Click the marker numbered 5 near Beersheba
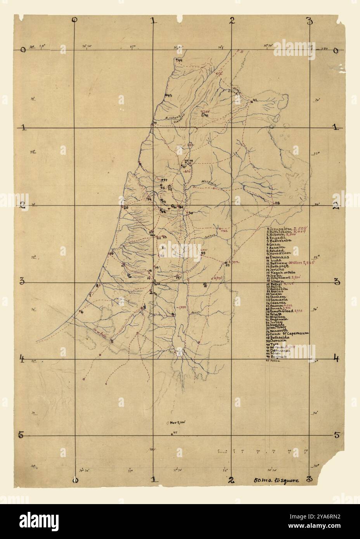(112, 341)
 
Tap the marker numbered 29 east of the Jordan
(203, 254)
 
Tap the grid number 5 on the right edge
(337, 435)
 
